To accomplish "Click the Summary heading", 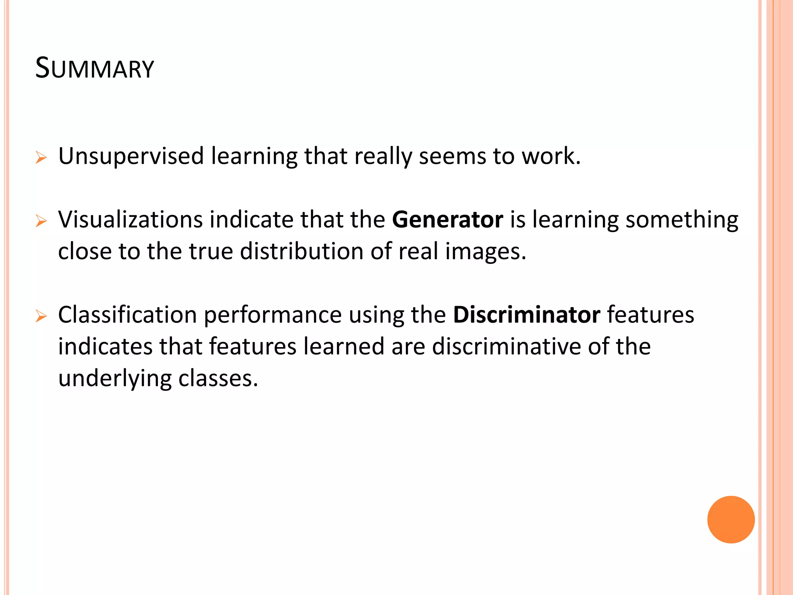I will pyautogui.click(x=94, y=68).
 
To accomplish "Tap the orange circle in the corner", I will pyautogui.click(x=731, y=519).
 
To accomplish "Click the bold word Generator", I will pyautogui.click(x=448, y=220).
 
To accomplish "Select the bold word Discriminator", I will pyautogui.click(x=527, y=315).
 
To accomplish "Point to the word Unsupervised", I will pyautogui.click(x=131, y=156).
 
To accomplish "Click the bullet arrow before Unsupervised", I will pyautogui.click(x=41, y=158).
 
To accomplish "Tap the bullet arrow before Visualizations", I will pyautogui.click(x=41, y=221).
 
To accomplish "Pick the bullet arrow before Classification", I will pyautogui.click(x=41, y=316).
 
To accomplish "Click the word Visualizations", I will pyautogui.click(x=130, y=220).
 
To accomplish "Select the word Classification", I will pyautogui.click(x=127, y=315).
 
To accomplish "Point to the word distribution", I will pyautogui.click(x=302, y=251).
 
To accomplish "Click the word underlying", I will pyautogui.click(x=115, y=379).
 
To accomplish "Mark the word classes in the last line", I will pyautogui.click(x=218, y=379).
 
